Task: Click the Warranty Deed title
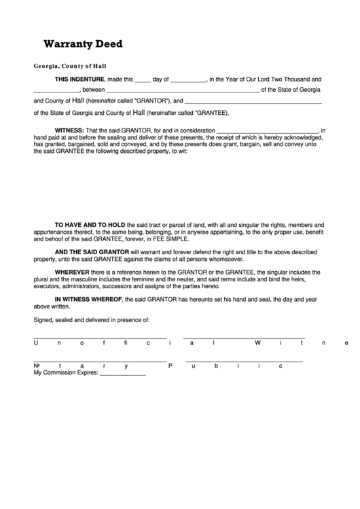point(83,44)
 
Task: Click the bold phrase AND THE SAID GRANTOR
point(92,251)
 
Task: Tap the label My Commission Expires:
point(66,373)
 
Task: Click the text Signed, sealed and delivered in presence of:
point(91,319)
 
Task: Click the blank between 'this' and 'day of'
point(143,80)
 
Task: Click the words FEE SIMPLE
point(174,239)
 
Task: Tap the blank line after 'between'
point(183,90)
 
